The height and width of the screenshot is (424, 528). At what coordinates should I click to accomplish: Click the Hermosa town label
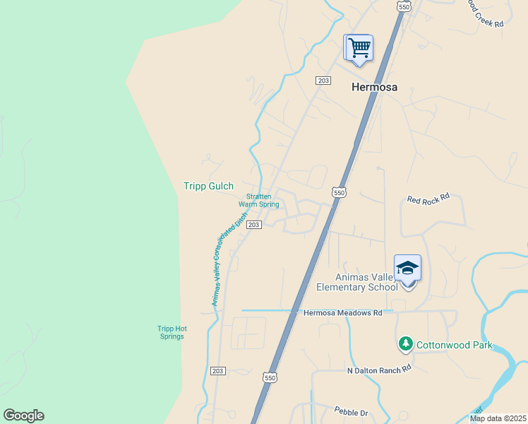(374, 88)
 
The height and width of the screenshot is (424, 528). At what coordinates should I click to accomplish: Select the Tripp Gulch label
(208, 187)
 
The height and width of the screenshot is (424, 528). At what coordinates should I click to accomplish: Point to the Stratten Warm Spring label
(258, 201)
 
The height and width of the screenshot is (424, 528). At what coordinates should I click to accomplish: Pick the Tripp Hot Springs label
(171, 332)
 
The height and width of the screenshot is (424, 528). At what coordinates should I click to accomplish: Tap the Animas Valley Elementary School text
(356, 283)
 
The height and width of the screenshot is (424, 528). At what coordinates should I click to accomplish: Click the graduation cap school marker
(407, 269)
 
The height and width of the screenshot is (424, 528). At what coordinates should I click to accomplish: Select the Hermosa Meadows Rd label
(342, 312)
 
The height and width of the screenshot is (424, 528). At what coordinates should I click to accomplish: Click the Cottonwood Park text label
(454, 346)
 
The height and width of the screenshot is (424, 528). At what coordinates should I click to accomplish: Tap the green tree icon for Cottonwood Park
(405, 344)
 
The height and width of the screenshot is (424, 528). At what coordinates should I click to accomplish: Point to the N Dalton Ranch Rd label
(378, 370)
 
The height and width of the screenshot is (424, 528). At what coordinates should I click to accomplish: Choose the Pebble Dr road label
(351, 412)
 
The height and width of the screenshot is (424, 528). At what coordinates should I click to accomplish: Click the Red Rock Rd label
(428, 199)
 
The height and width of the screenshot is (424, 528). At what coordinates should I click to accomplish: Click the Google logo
(23, 416)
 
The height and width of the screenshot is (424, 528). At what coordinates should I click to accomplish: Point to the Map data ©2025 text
(498, 418)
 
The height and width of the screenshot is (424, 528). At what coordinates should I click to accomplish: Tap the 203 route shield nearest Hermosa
(323, 81)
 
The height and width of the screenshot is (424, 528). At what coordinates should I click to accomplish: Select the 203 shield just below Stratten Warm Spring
(255, 225)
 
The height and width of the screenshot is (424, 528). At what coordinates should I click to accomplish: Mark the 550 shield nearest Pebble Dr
(270, 378)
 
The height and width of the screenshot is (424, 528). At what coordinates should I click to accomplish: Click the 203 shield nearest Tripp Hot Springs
(217, 371)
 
